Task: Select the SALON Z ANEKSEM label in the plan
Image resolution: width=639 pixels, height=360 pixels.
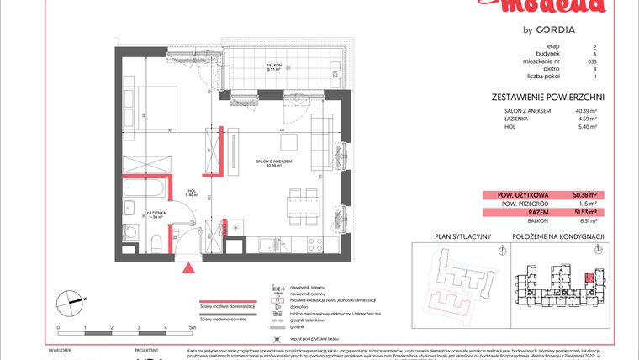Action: pyautogui.click(x=274, y=160)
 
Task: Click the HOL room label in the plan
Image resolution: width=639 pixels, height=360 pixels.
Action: pyautogui.click(x=191, y=191)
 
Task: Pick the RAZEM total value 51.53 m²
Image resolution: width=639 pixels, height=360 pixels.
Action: pyautogui.click(x=582, y=213)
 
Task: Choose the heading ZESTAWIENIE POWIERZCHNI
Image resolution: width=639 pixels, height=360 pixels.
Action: pyautogui.click(x=547, y=98)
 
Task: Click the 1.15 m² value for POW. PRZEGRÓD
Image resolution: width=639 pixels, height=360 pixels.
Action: pyautogui.click(x=586, y=204)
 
